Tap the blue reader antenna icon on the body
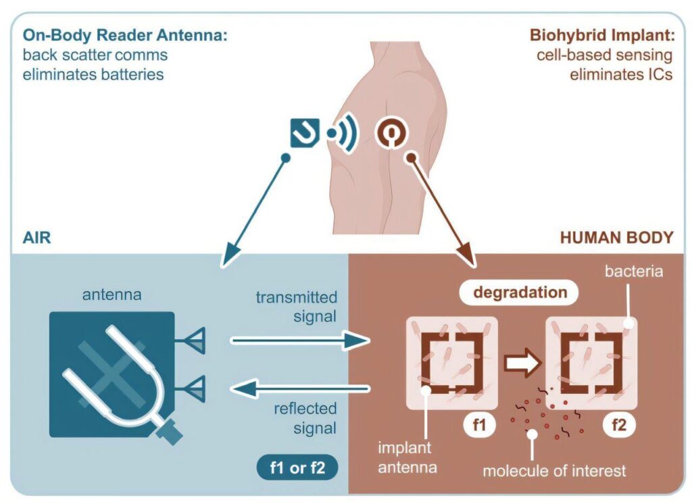pos(305,133)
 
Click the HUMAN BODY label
pos(616,238)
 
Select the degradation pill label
pos(520,293)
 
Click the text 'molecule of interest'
pos(553,470)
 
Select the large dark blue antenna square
pos(112,369)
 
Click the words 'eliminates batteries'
pos(93,74)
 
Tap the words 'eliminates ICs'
pos(621,74)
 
